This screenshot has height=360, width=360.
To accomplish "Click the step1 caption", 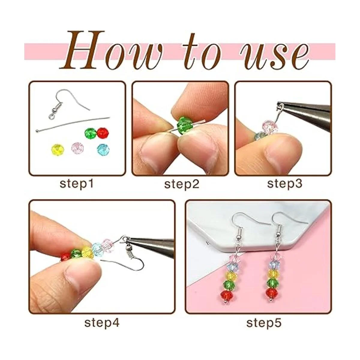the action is tap(76, 184).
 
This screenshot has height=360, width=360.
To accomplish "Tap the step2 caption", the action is tap(181, 184).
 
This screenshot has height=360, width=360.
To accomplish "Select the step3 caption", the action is tap(284, 184).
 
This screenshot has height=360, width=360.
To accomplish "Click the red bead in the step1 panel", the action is tap(103, 133).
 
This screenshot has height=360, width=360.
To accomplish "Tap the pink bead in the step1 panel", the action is tap(77, 148).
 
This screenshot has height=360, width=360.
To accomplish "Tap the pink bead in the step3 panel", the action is tap(270, 126).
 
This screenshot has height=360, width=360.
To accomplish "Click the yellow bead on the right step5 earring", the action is tap(274, 274).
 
